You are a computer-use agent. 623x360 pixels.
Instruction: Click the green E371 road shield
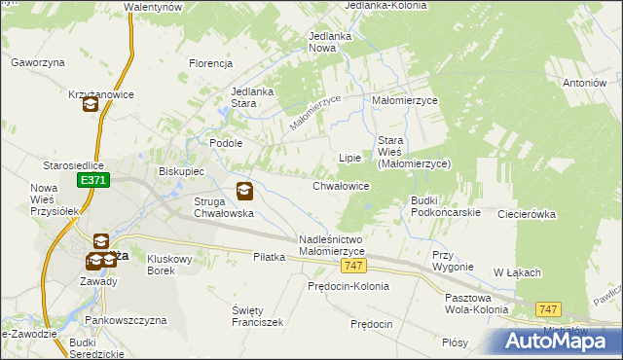point(93,180)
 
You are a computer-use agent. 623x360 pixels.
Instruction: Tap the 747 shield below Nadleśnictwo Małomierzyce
point(355,267)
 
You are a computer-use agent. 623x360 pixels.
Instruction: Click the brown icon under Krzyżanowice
point(91,105)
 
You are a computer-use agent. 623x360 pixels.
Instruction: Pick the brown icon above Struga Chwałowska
point(244,191)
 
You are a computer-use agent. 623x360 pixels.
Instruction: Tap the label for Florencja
point(210,63)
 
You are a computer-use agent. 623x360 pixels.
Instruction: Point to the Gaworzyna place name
point(37,61)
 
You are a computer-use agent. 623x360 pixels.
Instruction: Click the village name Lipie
point(349,157)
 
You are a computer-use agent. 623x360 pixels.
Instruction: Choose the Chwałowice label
point(340,185)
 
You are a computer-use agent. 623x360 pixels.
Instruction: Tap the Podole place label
point(226,142)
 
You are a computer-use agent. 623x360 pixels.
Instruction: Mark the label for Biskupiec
point(181,170)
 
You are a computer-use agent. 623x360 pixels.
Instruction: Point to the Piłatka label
point(269,257)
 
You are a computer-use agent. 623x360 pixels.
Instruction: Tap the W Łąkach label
point(516,272)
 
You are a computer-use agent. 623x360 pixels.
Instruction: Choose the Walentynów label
point(155,7)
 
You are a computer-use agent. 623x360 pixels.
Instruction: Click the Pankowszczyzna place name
point(122,319)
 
